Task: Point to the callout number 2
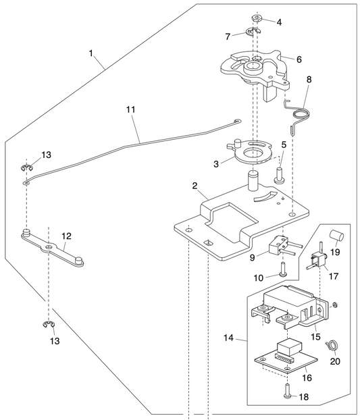click(x=195, y=186)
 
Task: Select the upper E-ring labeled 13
click(x=26, y=169)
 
